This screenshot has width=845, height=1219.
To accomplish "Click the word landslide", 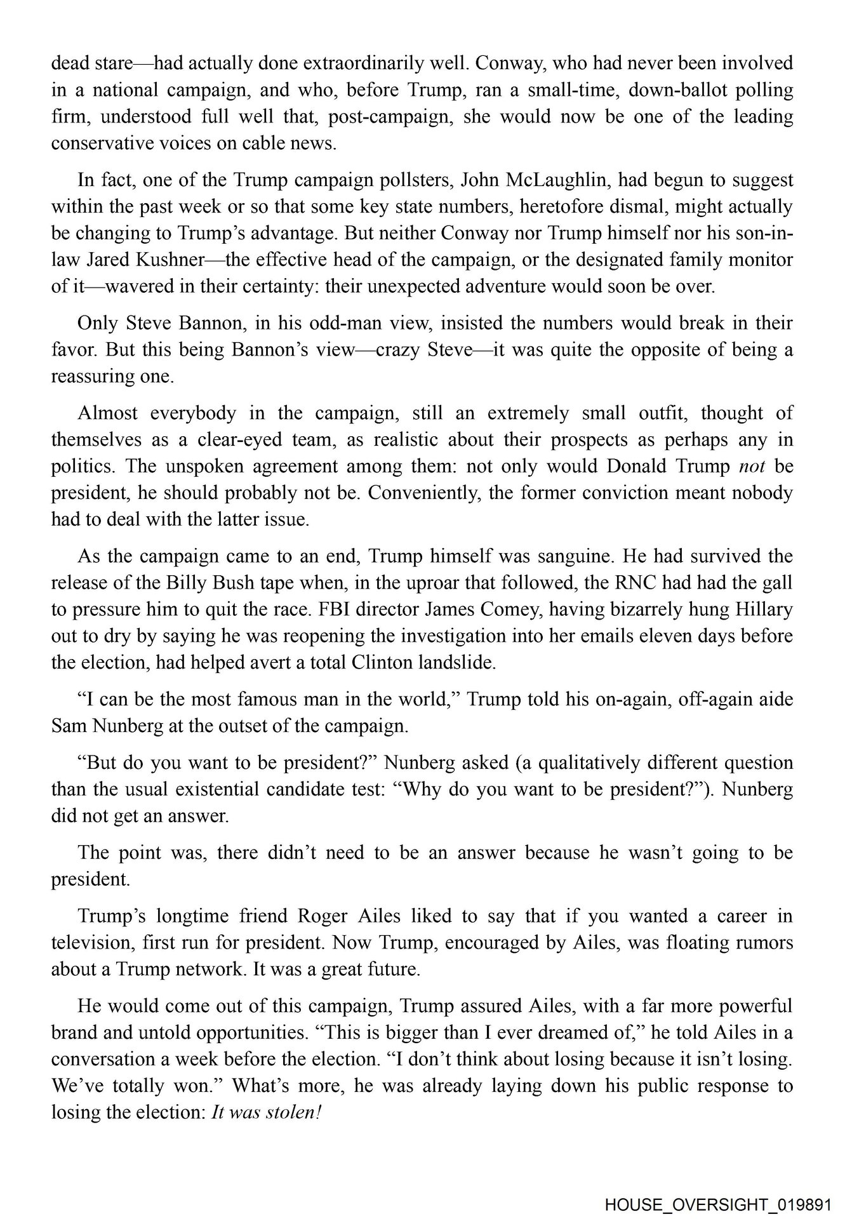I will point(456,663).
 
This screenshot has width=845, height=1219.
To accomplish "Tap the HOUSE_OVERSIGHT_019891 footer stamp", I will point(717,1204).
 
